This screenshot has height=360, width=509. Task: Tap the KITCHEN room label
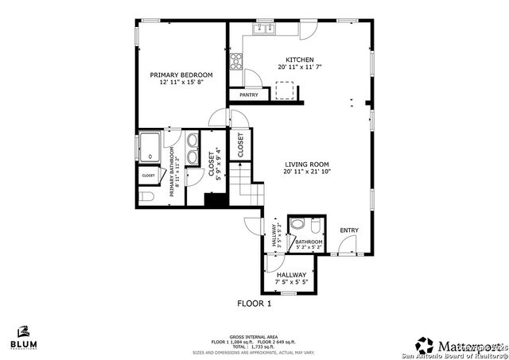pos(300,60)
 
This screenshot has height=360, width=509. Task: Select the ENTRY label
pos(348,230)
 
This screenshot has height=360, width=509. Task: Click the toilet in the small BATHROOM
pos(297,224)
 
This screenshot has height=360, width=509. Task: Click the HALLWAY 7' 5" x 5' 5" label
pos(291,278)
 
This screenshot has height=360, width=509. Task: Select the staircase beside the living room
pos(251,188)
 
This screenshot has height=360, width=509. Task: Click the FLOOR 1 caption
pos(254,304)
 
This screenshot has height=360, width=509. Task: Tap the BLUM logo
pos(24,339)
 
